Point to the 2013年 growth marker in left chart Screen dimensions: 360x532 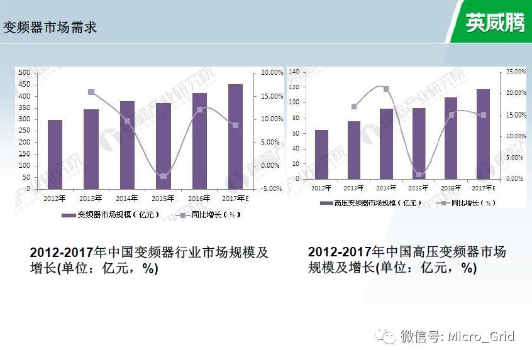pyautogui.click(x=91, y=92)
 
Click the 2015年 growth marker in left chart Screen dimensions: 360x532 pyautogui.click(x=163, y=177)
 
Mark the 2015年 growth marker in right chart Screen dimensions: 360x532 pyautogui.click(x=419, y=175)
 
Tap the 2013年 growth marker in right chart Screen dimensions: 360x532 pyautogui.click(x=354, y=107)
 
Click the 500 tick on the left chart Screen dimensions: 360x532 pyautogui.click(x=25, y=73)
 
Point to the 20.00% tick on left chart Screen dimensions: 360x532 pyautogui.click(x=272, y=73)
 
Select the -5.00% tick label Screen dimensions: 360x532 pyautogui.click(x=272, y=188)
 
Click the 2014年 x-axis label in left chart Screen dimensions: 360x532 pyautogui.click(x=127, y=199)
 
